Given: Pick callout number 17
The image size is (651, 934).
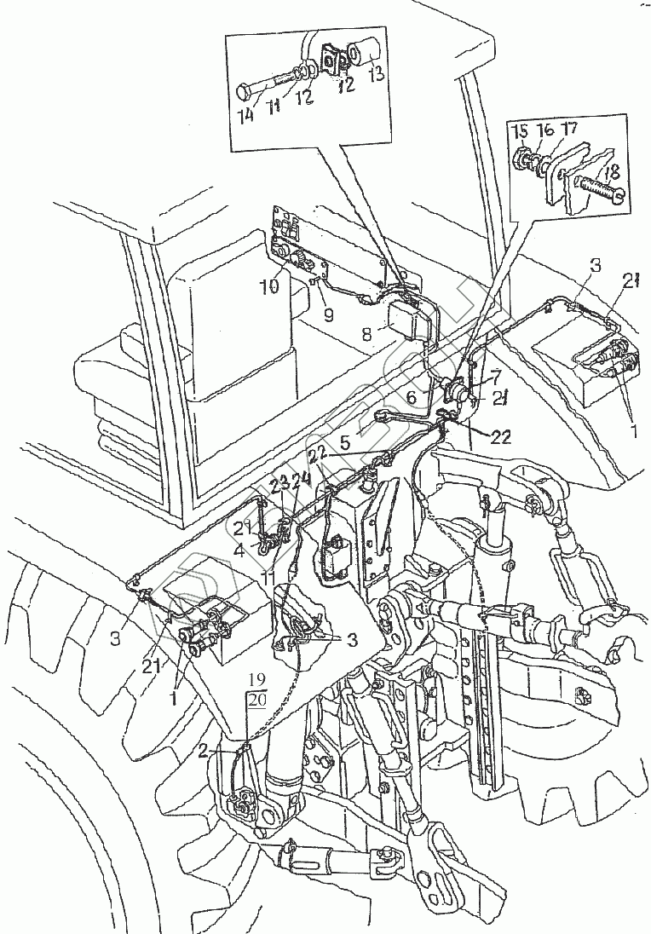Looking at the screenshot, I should click(x=568, y=130).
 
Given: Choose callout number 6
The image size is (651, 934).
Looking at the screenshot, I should click(x=411, y=396).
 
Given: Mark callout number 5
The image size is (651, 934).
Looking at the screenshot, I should click(x=346, y=442).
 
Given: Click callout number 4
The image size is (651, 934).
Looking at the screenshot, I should click(x=240, y=550).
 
